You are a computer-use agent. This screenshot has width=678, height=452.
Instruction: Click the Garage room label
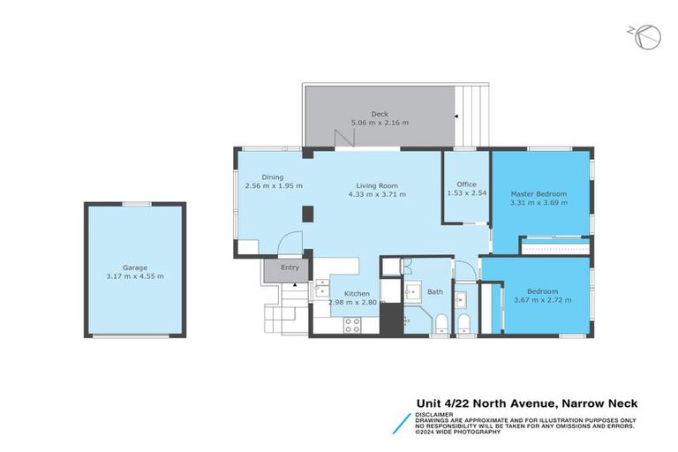[x=135, y=267]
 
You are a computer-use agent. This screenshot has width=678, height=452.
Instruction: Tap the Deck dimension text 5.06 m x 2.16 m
[x=380, y=123]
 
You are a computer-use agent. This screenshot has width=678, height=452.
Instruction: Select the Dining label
[x=273, y=177]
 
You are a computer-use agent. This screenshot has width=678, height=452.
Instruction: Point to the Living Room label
[x=377, y=185]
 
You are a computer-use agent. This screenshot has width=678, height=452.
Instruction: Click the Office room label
[x=466, y=185]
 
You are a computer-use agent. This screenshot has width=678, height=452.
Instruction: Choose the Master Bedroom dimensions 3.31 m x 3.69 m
[x=539, y=202]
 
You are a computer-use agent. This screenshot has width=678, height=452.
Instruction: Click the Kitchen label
[x=357, y=294]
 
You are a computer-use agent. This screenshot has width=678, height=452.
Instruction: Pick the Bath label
[x=435, y=292]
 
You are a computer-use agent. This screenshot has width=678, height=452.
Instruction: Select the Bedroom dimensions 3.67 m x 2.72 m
[x=543, y=300]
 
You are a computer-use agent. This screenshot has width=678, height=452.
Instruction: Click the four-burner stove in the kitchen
[x=352, y=325]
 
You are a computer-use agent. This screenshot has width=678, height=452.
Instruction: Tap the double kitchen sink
[x=321, y=289]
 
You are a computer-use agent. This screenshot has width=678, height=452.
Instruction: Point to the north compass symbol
[x=645, y=37]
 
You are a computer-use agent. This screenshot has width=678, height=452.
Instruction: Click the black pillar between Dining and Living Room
[x=307, y=214]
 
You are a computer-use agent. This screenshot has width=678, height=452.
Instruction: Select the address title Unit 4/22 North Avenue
[x=486, y=403]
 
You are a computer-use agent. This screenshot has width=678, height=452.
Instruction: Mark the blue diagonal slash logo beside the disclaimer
[x=402, y=424]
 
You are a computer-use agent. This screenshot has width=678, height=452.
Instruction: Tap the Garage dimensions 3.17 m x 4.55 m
[x=135, y=276]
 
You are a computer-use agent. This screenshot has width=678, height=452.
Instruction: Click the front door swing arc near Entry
[x=290, y=242]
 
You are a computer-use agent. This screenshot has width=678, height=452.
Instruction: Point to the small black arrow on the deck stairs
[x=456, y=117]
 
